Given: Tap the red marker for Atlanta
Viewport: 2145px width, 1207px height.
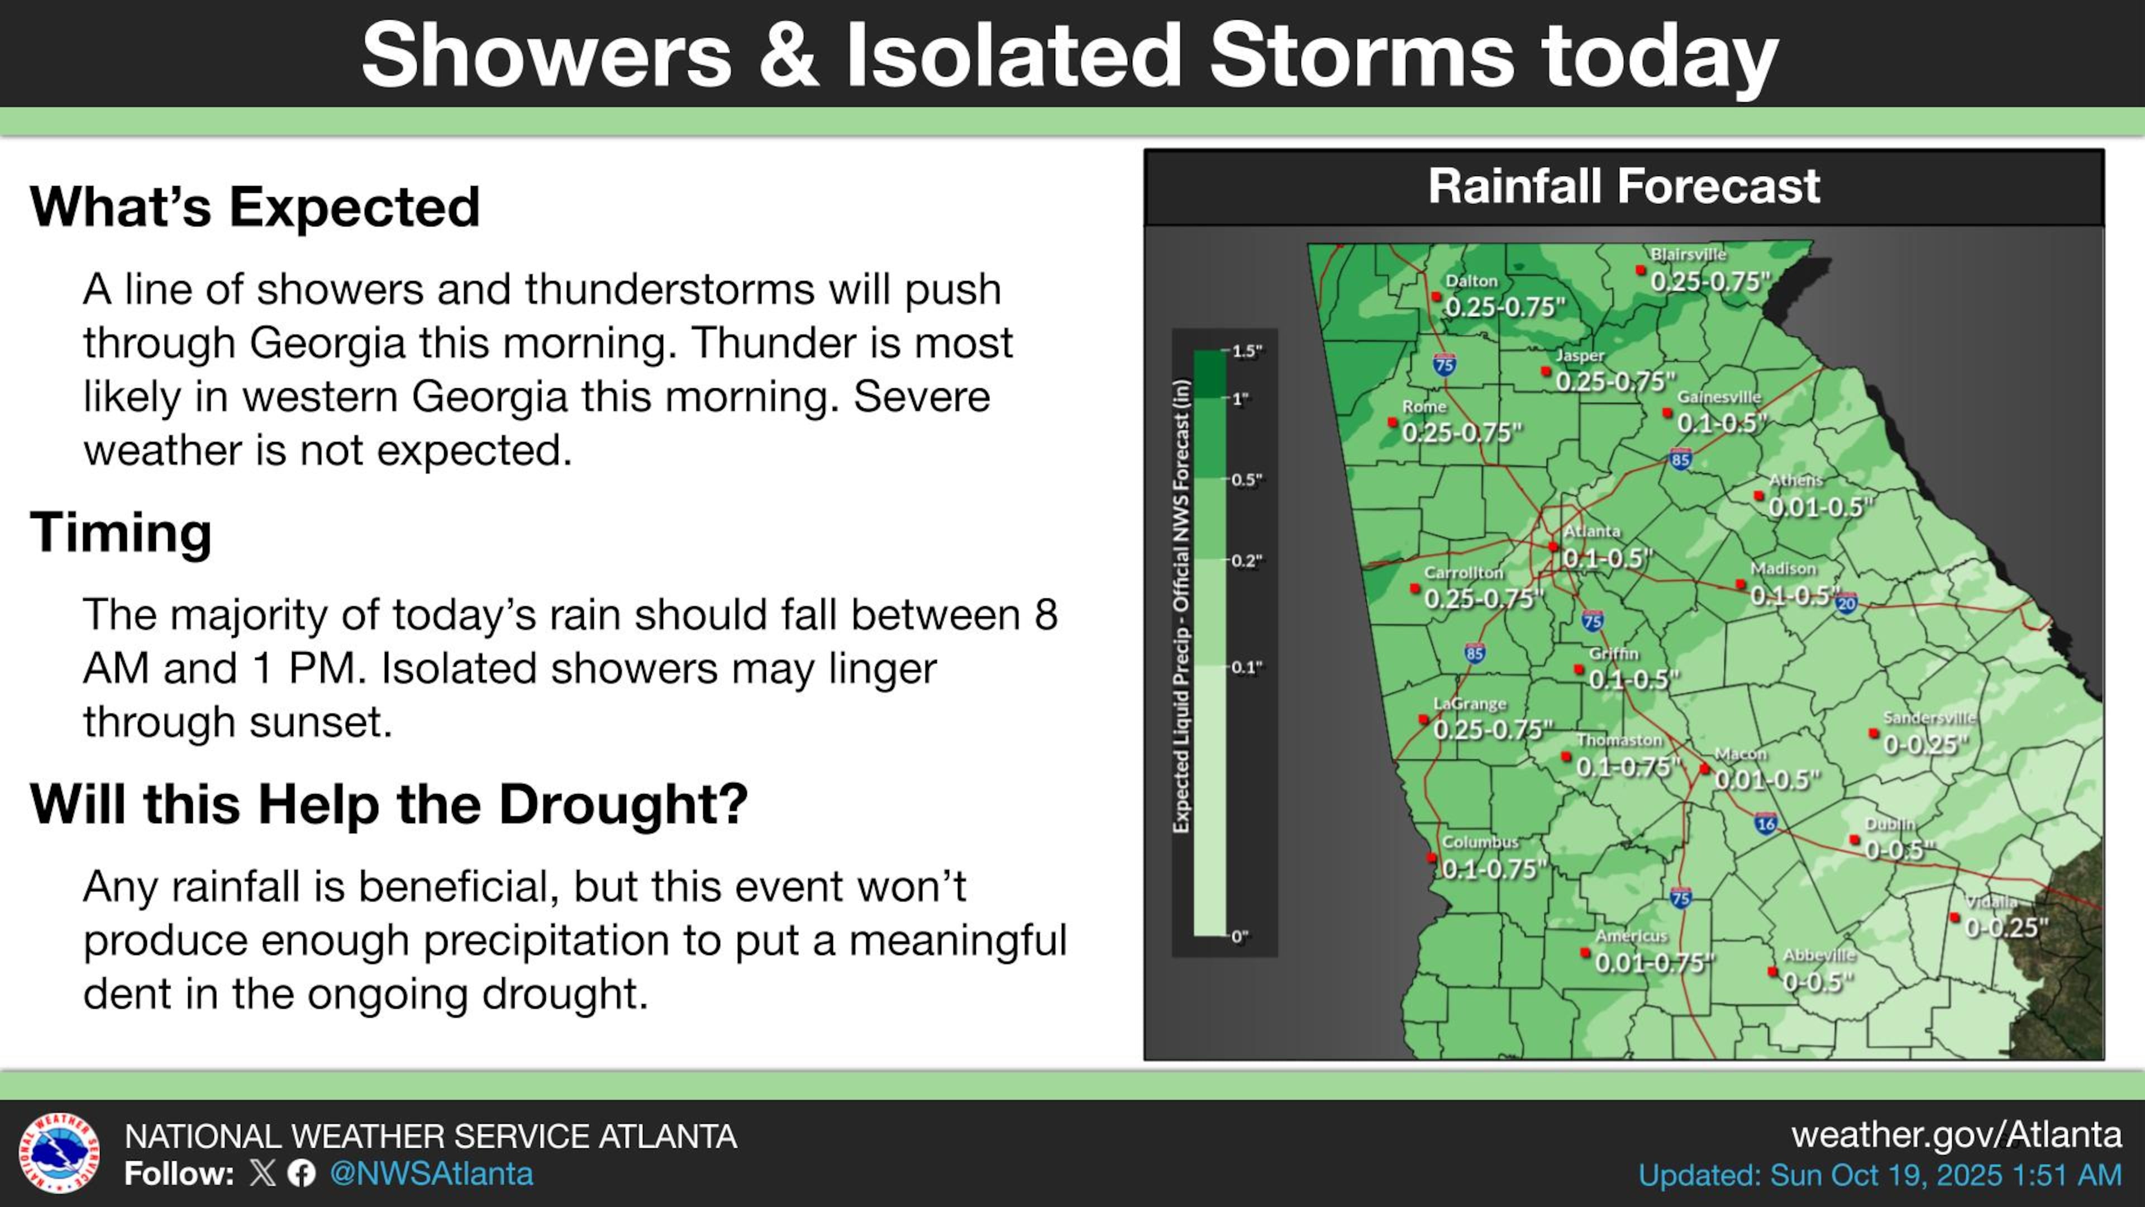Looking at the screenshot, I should point(1553,547).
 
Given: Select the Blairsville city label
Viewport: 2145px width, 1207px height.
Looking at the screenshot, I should point(1689,254).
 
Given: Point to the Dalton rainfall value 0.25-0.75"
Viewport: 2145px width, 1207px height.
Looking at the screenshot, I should point(1505,307).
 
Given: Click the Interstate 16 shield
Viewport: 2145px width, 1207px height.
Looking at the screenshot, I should point(1765,824).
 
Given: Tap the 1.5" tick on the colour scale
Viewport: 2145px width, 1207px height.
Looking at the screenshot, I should point(1247,351).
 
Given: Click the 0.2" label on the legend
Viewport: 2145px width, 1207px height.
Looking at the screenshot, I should point(1247,560).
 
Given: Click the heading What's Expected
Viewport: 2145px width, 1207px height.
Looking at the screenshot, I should point(255,207).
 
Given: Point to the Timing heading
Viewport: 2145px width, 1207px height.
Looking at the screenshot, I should point(121,533).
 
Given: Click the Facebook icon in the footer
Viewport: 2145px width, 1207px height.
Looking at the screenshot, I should point(302,1173).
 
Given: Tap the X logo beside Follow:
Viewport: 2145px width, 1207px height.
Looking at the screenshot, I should point(263,1173).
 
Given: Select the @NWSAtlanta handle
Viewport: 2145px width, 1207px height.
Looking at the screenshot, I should point(431,1173).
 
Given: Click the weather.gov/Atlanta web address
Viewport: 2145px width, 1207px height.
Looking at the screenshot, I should point(1956,1134).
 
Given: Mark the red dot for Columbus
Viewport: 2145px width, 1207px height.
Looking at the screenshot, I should point(1431,857).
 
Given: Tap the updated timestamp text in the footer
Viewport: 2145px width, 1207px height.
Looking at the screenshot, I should point(1879,1175).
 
